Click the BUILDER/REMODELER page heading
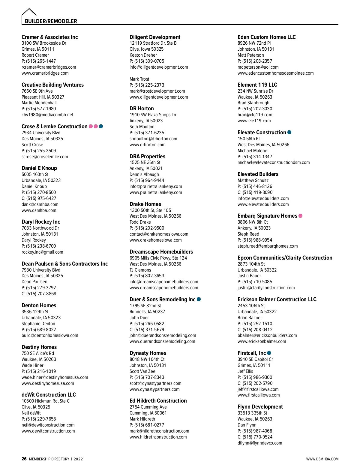[x=51, y=21]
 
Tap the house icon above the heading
[x=29, y=13]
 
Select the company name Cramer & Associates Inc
[x=49, y=37]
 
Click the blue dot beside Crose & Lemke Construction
[x=101, y=126]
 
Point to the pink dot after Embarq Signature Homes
[x=301, y=216]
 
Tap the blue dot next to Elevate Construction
[x=289, y=132]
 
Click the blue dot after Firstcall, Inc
[x=269, y=353]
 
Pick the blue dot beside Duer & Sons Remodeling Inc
[x=199, y=299]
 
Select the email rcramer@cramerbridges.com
[x=49, y=67]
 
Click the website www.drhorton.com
[x=148, y=145]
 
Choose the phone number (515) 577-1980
[x=41, y=109]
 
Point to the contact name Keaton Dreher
[x=143, y=55]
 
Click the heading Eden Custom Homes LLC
[x=266, y=37]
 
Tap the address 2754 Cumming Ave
[x=148, y=407]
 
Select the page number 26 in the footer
[x=24, y=459]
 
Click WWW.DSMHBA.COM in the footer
[x=322, y=459]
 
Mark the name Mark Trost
[x=139, y=79]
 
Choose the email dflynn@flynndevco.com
[x=260, y=443]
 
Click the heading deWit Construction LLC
[x=49, y=395]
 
